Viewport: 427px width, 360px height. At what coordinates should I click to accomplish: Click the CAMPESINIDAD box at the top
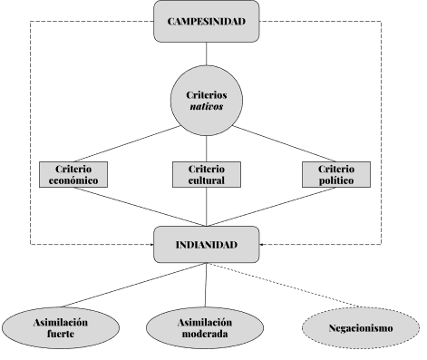pyautogui.click(x=208, y=21)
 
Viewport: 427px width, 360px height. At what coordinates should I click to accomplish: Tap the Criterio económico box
pyautogui.click(x=74, y=175)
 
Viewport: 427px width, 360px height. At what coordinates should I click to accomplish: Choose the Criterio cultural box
pyautogui.click(x=207, y=175)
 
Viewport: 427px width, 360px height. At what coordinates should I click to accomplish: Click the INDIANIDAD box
pyautogui.click(x=208, y=245)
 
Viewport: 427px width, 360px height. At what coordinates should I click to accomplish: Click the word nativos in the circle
pyautogui.click(x=208, y=105)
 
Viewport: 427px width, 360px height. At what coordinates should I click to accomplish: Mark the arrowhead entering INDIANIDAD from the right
pyautogui.click(x=262, y=245)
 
